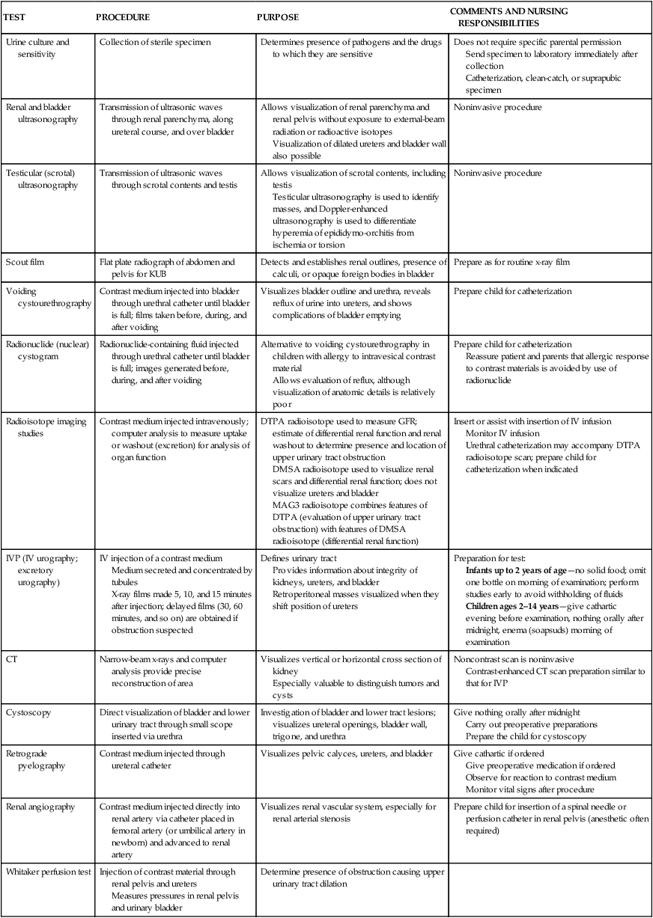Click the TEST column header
tap(14, 16)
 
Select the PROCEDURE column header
tap(123, 16)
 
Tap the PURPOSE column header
tap(279, 16)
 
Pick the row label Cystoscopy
tap(28, 712)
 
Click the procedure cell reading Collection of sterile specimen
tap(155, 43)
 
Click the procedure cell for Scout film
tap(166, 268)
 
